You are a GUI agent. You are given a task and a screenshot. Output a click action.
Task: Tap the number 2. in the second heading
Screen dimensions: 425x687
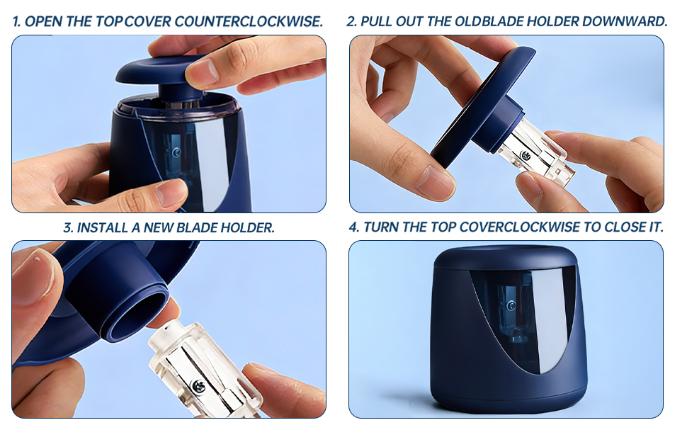(351, 22)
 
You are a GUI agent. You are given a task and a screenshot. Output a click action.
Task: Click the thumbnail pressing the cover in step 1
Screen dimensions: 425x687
(203, 71)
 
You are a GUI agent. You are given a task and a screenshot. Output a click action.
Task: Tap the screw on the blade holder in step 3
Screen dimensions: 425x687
(198, 385)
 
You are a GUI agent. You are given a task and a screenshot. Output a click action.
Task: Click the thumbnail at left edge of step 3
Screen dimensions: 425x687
(32, 276)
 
